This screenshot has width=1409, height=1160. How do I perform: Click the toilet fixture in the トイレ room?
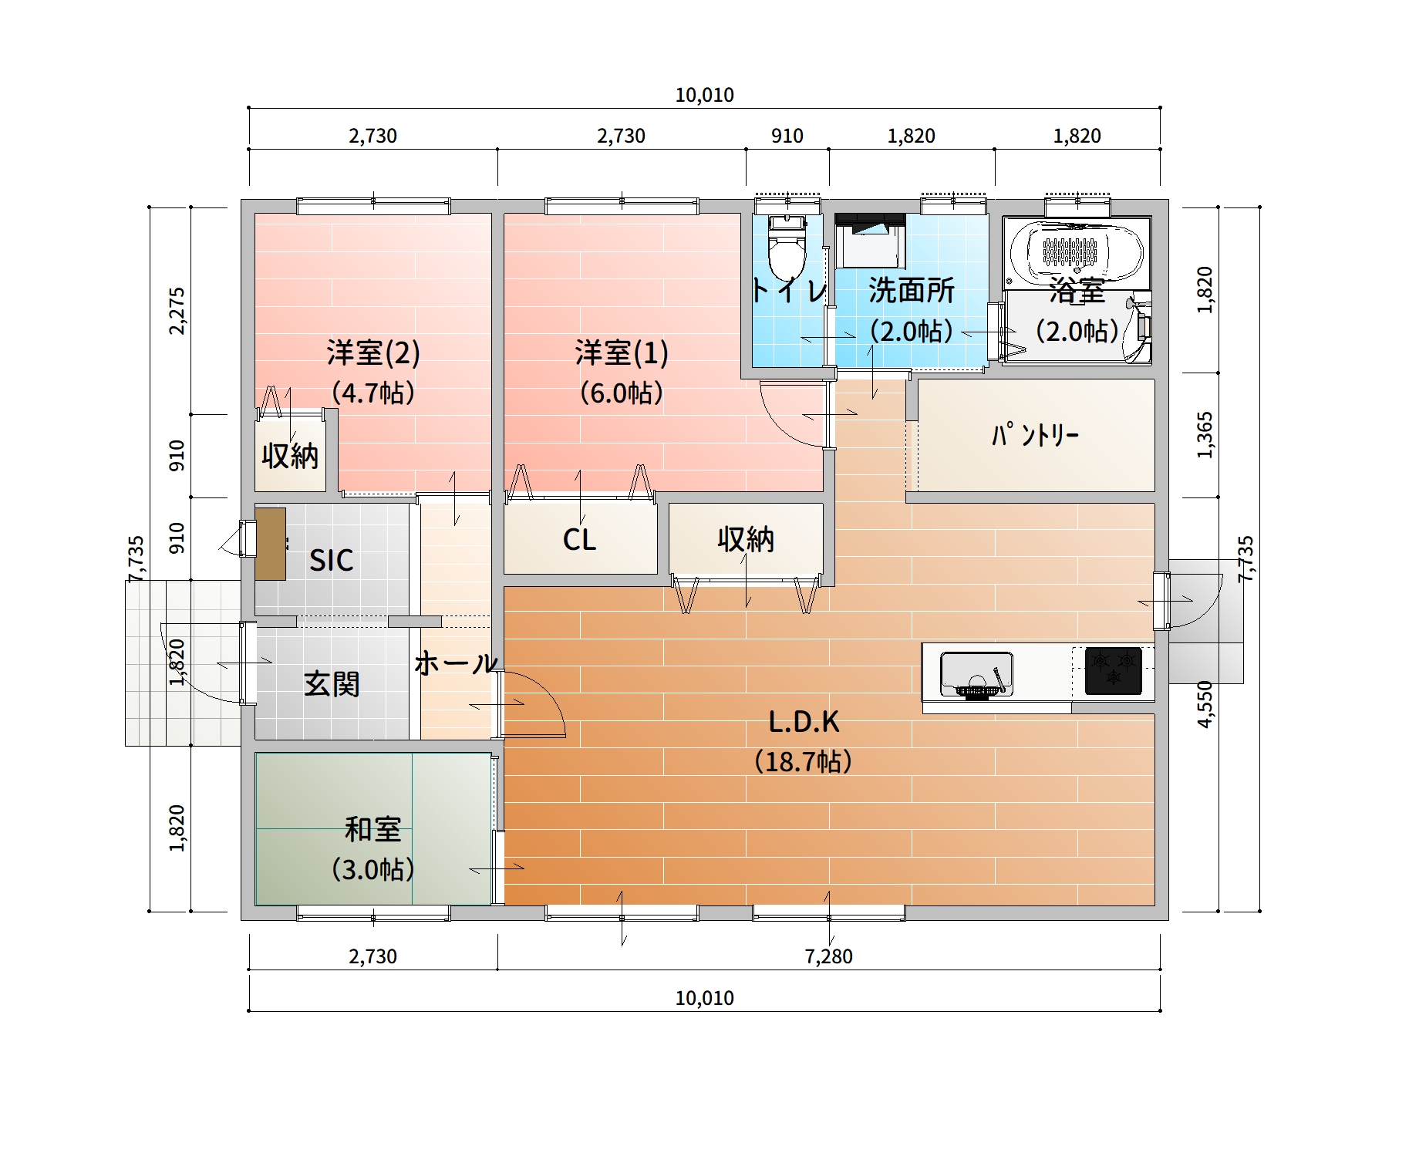click(x=787, y=247)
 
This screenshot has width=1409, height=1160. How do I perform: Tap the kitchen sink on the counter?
click(x=976, y=674)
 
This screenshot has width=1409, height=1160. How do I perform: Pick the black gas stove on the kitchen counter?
click(x=1113, y=670)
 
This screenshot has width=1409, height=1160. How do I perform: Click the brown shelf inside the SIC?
click(x=270, y=544)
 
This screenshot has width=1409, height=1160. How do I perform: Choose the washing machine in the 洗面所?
click(x=870, y=241)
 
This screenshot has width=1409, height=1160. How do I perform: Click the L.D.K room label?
click(x=804, y=722)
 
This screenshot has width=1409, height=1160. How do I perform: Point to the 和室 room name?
click(x=372, y=829)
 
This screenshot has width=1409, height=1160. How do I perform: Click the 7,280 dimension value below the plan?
click(x=828, y=956)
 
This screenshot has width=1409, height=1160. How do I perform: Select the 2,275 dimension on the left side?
click(x=177, y=311)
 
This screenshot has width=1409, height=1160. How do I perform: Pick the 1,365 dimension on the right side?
click(x=1205, y=435)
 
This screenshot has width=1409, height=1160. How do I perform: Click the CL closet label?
click(x=579, y=540)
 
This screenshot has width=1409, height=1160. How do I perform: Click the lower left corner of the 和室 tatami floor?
click(x=256, y=905)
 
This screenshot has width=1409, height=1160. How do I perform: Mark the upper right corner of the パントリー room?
click(x=1155, y=380)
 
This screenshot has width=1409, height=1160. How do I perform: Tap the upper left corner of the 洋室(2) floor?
click(x=256, y=214)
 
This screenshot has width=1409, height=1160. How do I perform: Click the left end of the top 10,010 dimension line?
click(x=249, y=108)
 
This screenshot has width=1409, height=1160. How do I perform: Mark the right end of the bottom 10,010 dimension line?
click(x=1160, y=1010)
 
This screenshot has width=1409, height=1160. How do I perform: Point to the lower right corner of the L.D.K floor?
click(x=1155, y=905)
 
